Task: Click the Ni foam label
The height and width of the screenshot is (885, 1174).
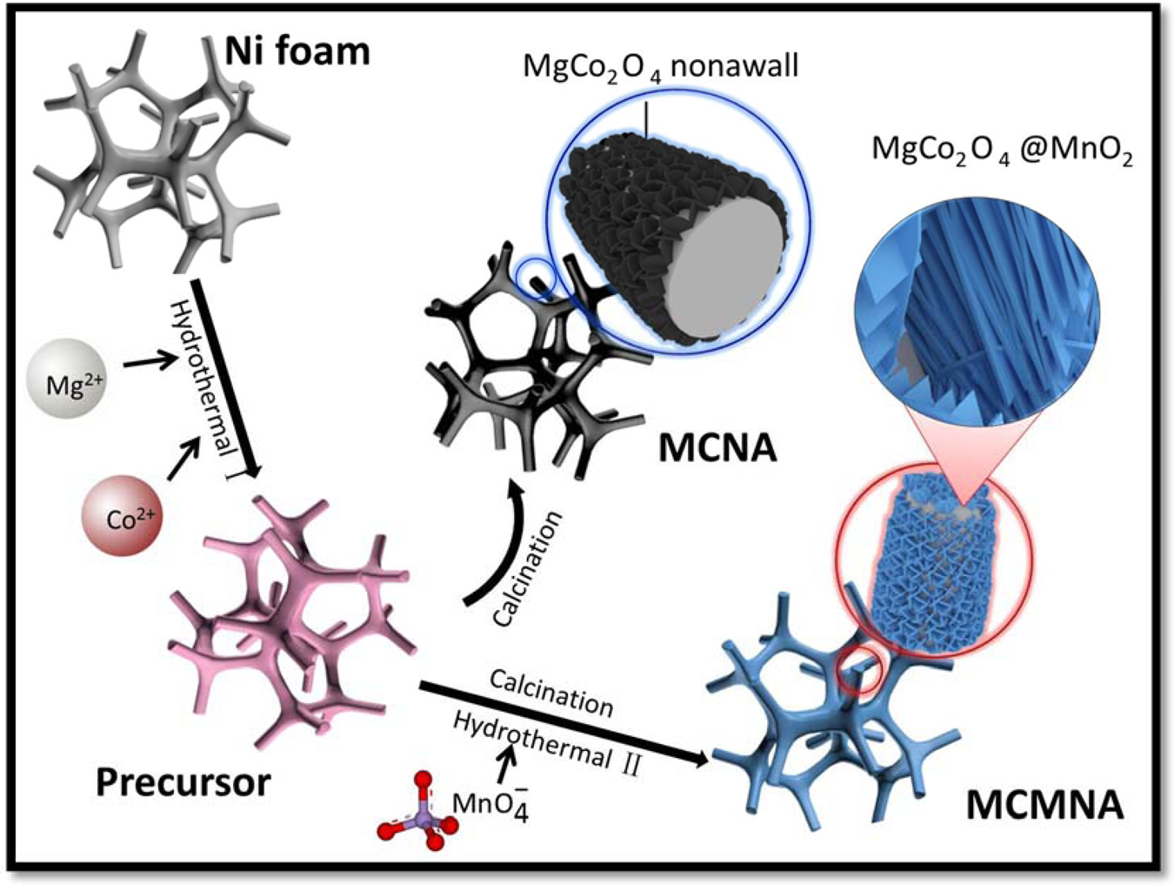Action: pyautogui.click(x=297, y=52)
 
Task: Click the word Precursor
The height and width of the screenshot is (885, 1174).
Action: pyautogui.click(x=183, y=782)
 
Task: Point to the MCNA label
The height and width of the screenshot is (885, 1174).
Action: pyautogui.click(x=717, y=448)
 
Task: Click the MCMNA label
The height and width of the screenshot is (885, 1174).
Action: pyautogui.click(x=1044, y=806)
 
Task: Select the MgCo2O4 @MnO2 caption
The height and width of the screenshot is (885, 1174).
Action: pyautogui.click(x=1002, y=150)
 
